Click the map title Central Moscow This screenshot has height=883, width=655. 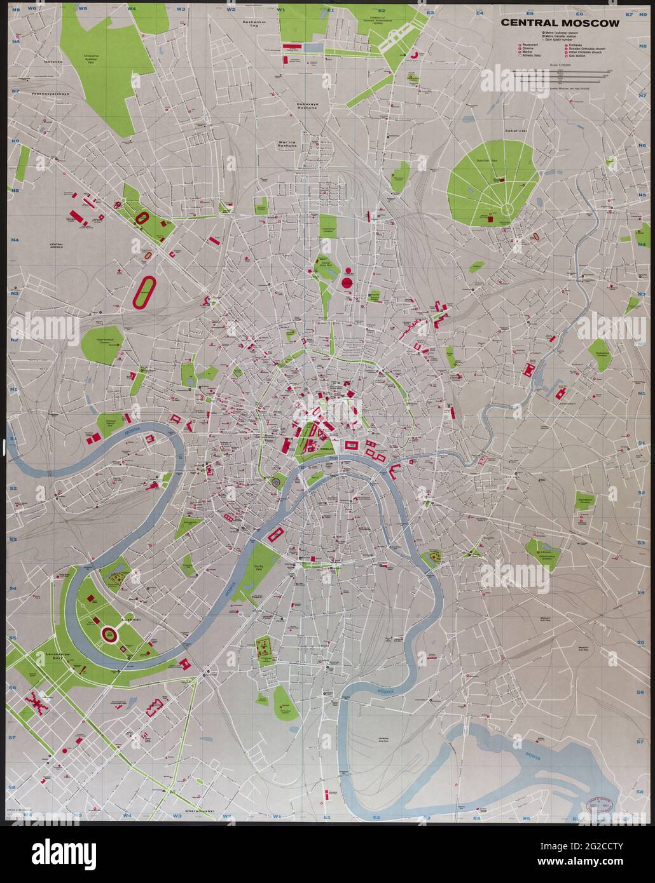(560, 23)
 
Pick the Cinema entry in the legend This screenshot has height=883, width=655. (530, 49)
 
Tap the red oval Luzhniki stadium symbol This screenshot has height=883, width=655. (109, 633)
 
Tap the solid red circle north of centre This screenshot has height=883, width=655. (347, 282)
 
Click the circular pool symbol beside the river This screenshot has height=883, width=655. (275, 482)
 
